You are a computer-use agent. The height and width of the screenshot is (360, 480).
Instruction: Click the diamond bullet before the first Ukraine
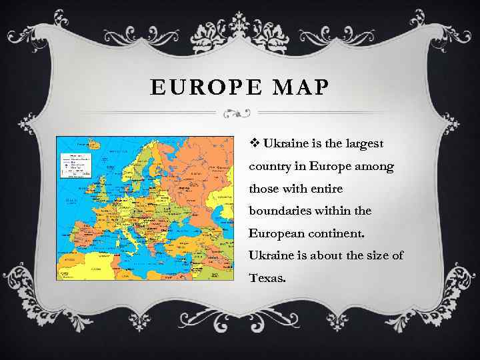point(255,143)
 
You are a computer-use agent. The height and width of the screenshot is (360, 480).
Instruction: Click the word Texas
point(267,279)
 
